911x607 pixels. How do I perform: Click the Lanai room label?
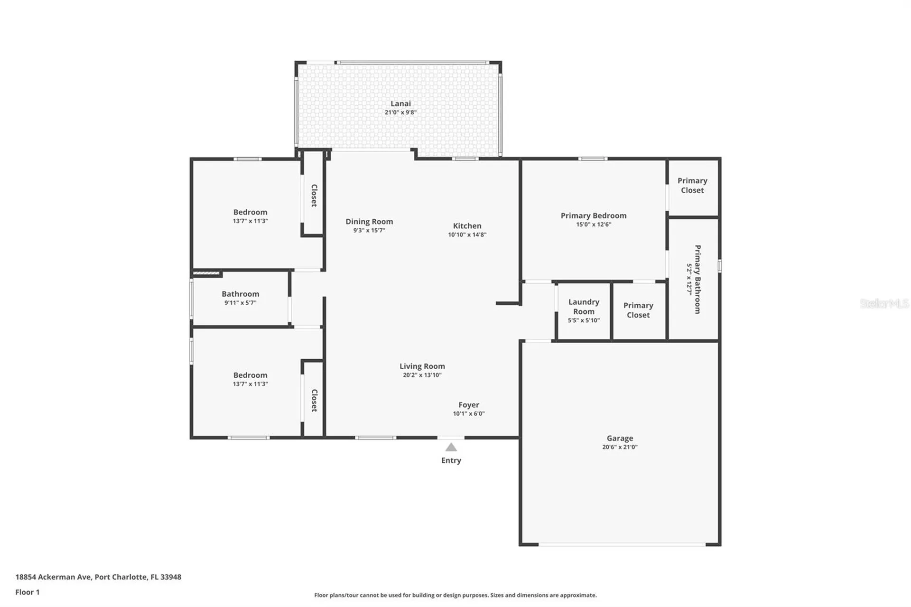point(400,103)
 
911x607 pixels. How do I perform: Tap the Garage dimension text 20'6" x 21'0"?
point(620,447)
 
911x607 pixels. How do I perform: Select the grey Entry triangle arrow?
point(451,447)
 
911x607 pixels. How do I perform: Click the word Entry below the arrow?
point(451,460)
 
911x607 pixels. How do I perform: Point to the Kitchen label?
point(467,226)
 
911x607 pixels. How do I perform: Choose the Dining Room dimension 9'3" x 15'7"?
point(369,231)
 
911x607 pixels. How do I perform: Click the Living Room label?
point(422,366)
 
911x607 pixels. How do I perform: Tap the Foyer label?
point(468,405)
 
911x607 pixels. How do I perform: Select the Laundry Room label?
point(584,307)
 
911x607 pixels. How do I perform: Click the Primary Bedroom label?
point(594,216)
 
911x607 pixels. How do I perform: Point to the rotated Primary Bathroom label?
point(697,279)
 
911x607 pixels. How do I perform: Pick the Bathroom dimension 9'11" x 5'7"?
point(240,303)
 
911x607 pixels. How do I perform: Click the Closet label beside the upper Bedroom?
point(314,196)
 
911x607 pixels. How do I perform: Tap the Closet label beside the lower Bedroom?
point(314,401)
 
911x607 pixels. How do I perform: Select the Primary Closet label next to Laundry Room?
point(638,310)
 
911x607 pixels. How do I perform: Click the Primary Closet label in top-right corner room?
point(692,186)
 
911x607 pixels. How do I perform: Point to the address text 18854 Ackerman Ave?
point(53,577)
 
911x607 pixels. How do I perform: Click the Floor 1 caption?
point(28,592)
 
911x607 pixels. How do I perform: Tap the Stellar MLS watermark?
point(884,303)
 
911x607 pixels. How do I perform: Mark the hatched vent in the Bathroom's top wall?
point(207,273)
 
